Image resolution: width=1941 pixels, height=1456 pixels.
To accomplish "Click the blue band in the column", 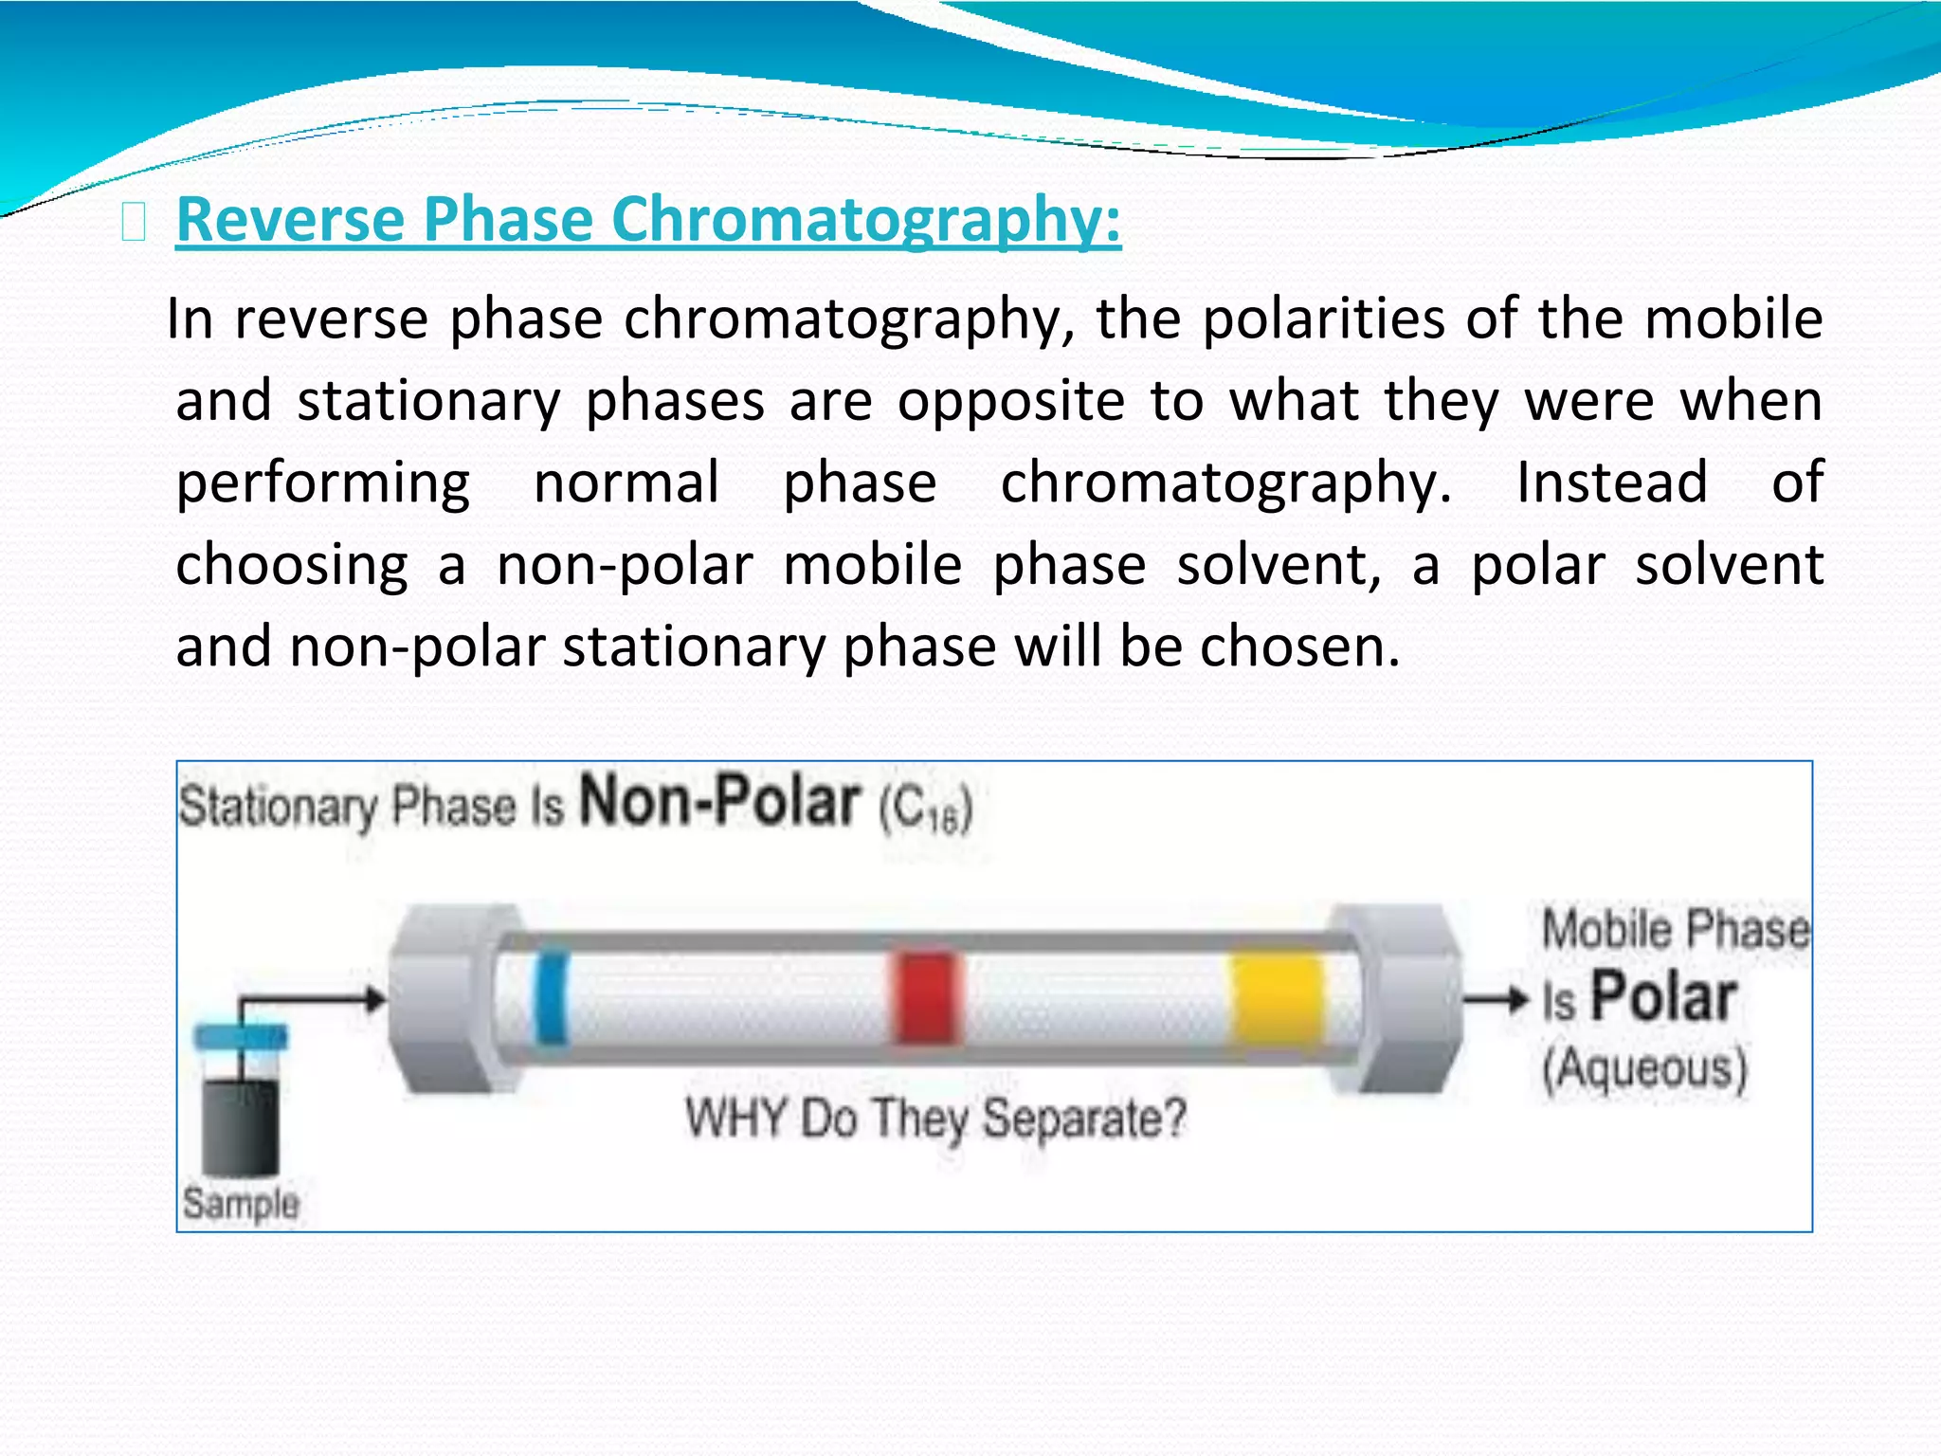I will click(x=552, y=997).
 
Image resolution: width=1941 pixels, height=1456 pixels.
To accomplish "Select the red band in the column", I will click(x=924, y=998).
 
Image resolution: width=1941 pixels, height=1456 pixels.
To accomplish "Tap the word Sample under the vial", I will click(x=241, y=1204).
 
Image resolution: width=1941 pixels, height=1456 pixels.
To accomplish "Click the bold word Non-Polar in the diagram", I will click(x=720, y=802).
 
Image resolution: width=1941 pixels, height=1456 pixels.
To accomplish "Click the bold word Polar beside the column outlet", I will click(x=1663, y=998).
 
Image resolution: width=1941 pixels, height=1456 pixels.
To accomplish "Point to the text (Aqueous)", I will click(x=1644, y=1069).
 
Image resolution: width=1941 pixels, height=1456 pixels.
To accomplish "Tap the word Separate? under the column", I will click(x=1083, y=1119).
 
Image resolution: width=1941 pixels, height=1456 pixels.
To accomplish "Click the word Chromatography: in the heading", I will click(x=866, y=219).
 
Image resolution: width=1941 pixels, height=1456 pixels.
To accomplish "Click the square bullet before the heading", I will click(x=134, y=224).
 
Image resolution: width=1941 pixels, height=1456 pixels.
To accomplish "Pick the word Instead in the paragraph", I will click(x=1612, y=482).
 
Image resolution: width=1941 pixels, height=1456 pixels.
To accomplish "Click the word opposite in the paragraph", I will click(x=1011, y=401).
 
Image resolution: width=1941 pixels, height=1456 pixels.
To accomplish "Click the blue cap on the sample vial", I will click(x=241, y=1036).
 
